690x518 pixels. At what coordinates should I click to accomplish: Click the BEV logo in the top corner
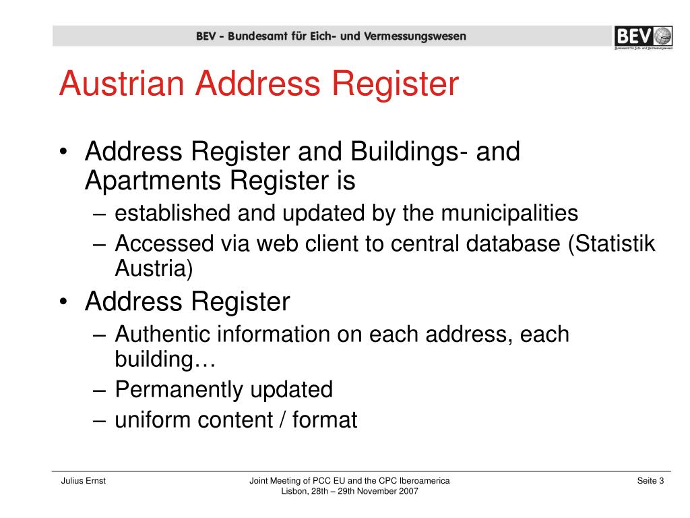point(643,36)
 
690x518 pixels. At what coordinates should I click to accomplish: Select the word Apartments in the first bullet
point(152,180)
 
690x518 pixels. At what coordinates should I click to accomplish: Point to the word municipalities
point(510,214)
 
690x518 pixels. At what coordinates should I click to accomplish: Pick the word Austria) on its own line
point(154,268)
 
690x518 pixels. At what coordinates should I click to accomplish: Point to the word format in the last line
point(325,420)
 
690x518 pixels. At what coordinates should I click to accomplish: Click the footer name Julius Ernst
point(83,481)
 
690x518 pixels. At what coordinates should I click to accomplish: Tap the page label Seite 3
point(650,481)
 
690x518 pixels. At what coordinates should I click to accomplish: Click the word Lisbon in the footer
point(294,492)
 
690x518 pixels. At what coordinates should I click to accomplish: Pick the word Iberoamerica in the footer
point(425,481)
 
